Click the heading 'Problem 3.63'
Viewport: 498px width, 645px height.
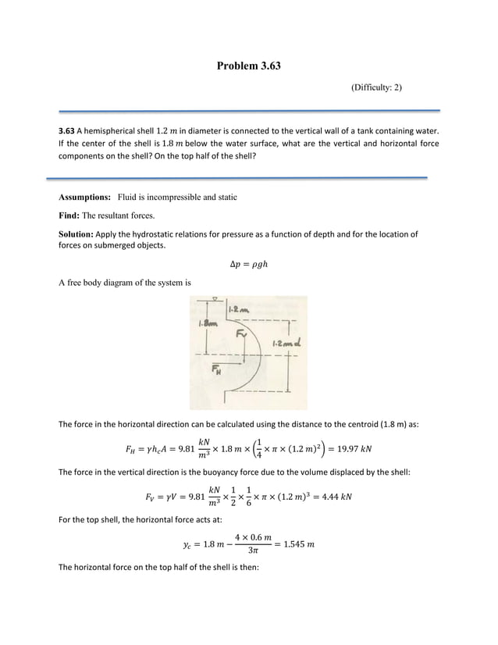click(x=248, y=66)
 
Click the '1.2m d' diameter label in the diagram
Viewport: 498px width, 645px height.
click(x=283, y=344)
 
